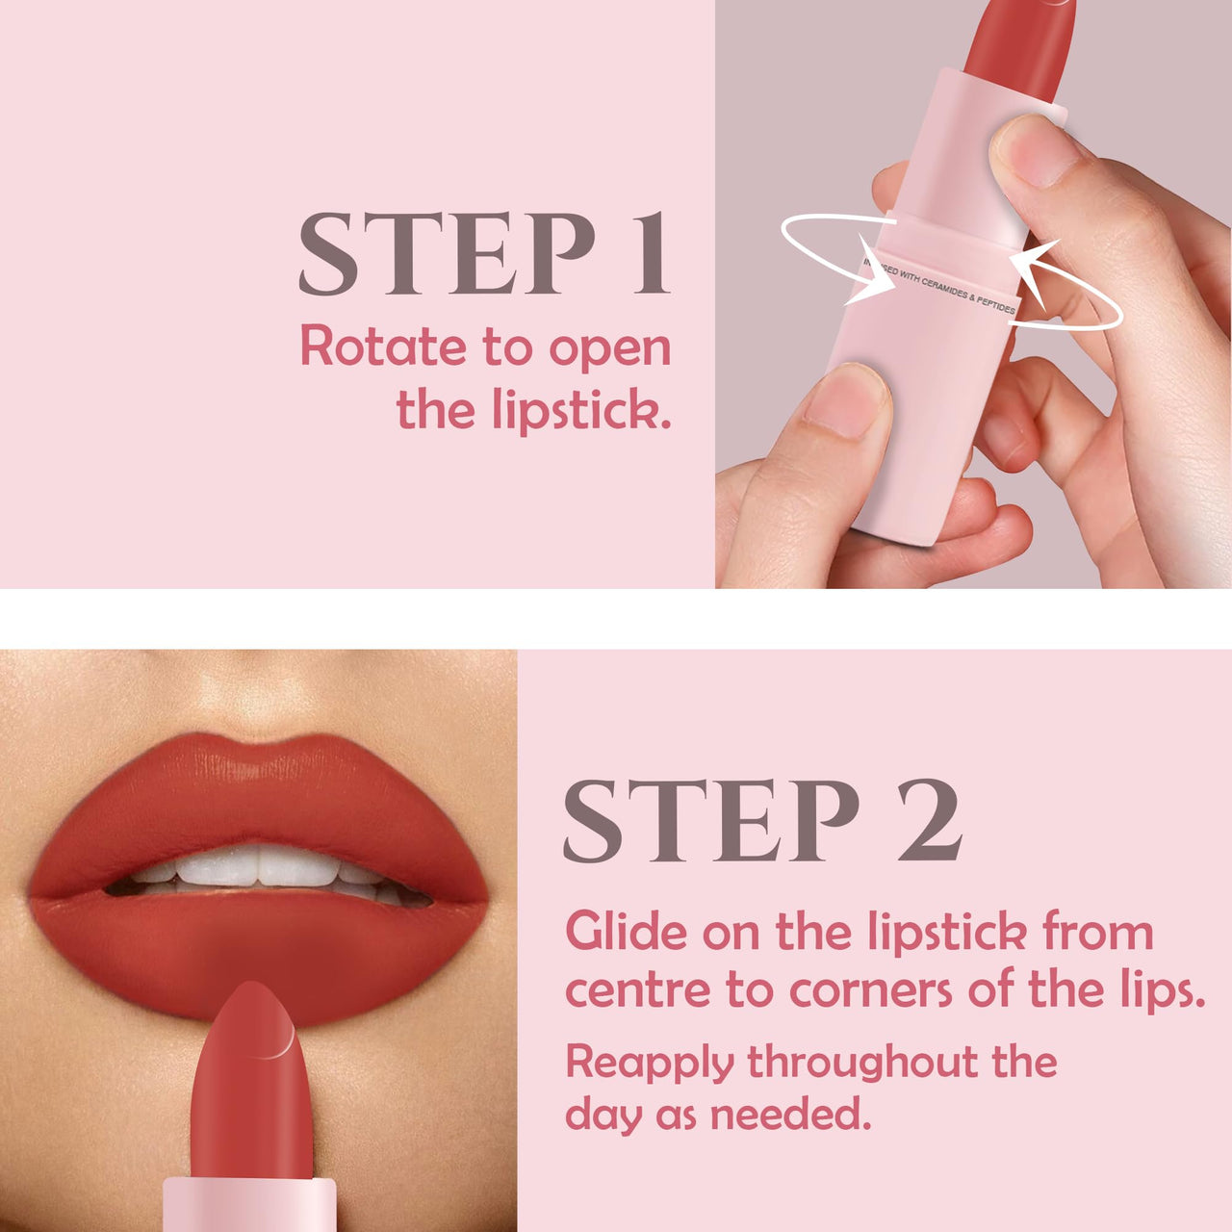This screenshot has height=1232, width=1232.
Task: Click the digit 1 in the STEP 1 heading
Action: click(x=649, y=254)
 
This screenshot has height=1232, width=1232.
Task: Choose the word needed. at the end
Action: click(x=790, y=1115)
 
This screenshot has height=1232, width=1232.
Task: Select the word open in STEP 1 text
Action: click(x=609, y=348)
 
